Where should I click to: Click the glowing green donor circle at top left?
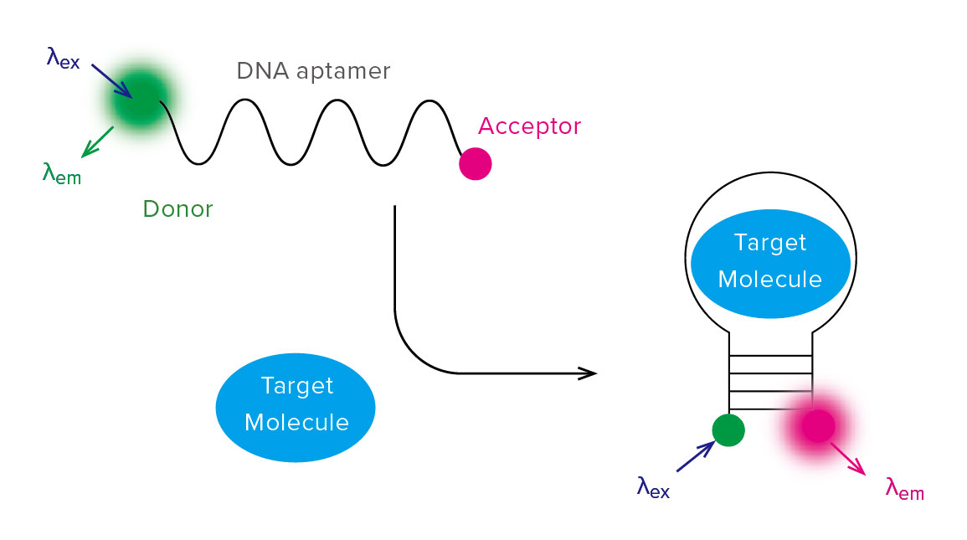(141, 99)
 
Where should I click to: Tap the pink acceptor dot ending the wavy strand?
(476, 164)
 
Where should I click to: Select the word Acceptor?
(529, 127)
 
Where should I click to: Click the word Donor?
(177, 209)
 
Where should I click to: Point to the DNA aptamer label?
(313, 72)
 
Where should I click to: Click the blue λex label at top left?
(63, 59)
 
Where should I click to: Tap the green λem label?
(62, 173)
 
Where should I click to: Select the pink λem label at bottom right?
(905, 489)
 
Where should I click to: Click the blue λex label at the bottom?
(653, 487)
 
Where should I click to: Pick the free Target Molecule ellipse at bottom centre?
(296, 408)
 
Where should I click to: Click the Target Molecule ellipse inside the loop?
(770, 264)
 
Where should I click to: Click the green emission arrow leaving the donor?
(97, 142)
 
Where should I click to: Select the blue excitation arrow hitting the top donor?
(111, 80)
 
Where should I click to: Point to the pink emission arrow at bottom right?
(848, 459)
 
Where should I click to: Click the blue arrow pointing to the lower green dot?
(696, 457)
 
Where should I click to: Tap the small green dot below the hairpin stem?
(728, 429)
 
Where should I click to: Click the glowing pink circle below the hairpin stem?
(818, 425)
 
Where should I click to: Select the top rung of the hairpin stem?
(770, 356)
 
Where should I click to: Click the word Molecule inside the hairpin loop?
(770, 280)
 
